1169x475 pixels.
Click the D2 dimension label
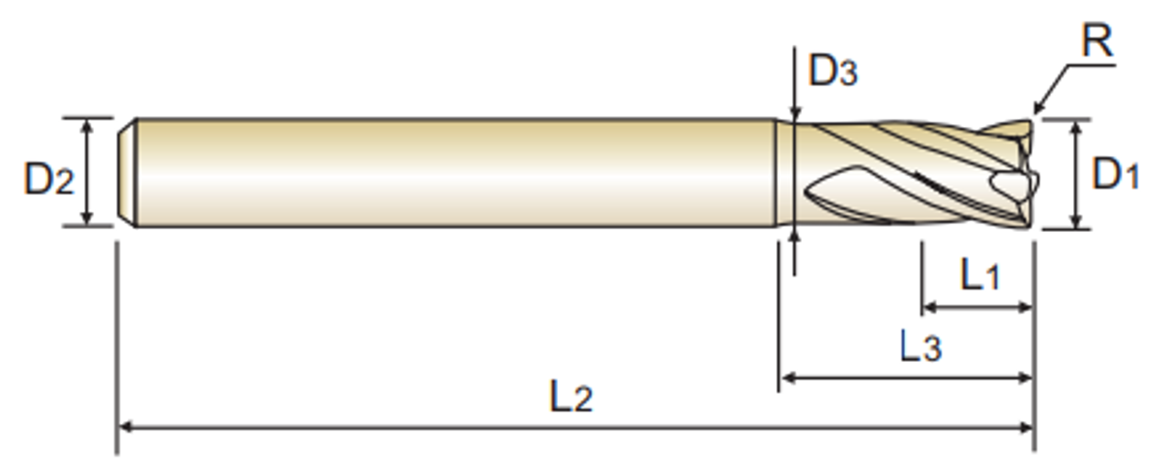[47, 179]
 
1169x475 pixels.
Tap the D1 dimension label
[1116, 173]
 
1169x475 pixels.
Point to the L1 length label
[979, 276]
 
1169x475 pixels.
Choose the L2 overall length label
[571, 397]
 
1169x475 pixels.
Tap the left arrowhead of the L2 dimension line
[126, 427]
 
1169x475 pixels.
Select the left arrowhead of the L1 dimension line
[931, 307]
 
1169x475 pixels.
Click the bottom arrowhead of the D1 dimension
[1078, 221]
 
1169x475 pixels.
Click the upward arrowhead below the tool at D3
[795, 235]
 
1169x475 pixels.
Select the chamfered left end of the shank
[130, 172]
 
